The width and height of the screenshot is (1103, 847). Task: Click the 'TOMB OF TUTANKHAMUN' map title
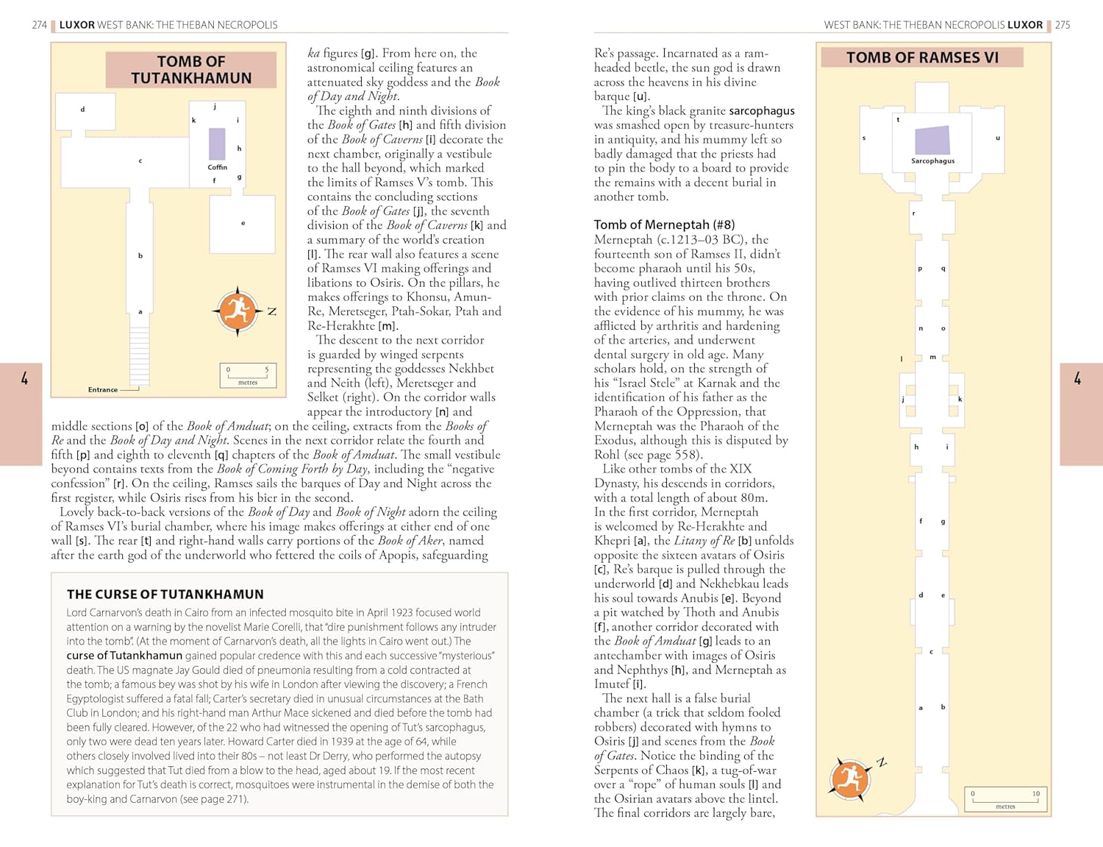coord(191,70)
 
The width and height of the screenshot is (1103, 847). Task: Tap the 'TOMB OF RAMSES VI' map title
coord(922,57)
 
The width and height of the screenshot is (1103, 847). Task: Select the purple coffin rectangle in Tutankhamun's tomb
coord(217,143)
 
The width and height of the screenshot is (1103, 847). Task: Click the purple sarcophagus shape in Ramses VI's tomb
coord(932,140)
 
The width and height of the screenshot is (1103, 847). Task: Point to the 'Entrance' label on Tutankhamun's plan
coord(103,390)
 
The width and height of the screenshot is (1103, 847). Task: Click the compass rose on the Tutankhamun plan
coord(238,311)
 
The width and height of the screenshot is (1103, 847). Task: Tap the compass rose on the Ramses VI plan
coord(851,778)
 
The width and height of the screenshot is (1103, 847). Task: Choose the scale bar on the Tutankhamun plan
coord(248,375)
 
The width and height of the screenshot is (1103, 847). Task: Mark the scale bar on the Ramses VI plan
coord(1005,799)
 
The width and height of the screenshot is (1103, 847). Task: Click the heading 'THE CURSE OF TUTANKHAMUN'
coord(165,595)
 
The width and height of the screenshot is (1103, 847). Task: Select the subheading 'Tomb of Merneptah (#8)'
coord(664,224)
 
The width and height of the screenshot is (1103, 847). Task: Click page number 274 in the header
coord(40,25)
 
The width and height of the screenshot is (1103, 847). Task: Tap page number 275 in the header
coord(1063,25)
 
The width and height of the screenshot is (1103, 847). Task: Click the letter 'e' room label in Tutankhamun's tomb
coord(243,223)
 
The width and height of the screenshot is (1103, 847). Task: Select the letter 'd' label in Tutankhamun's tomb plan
coord(82,110)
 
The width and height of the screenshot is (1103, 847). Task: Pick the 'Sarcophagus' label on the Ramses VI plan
coord(932,161)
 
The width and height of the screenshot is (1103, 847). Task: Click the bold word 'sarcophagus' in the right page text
coord(762,110)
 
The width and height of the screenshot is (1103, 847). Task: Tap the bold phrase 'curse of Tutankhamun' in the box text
coord(124,656)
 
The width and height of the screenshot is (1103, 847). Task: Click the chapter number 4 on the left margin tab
coord(24,379)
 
